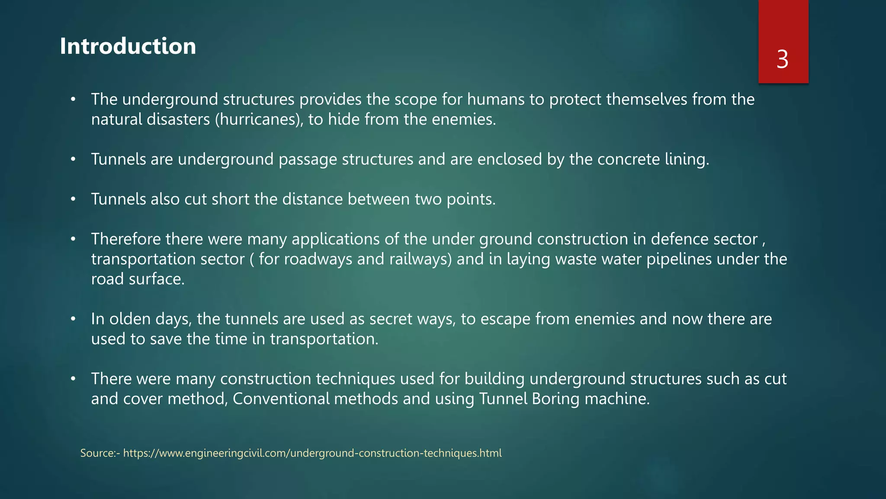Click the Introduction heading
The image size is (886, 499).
click(128, 46)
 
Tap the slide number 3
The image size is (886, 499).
click(782, 59)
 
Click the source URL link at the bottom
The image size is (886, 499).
click(312, 453)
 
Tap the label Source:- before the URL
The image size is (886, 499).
click(100, 453)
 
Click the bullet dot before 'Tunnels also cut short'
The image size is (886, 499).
click(73, 199)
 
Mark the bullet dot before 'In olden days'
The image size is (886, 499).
click(73, 319)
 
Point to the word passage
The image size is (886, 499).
click(308, 159)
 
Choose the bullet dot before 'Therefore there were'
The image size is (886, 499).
click(73, 239)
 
